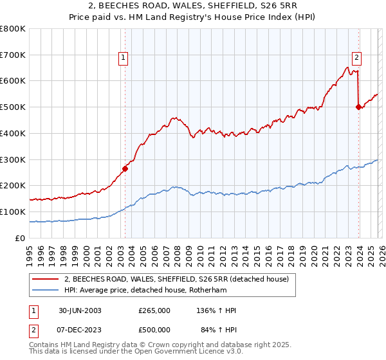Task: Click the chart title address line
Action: tap(192, 6)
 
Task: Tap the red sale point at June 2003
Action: tap(125, 168)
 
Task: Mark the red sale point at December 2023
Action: tap(358, 107)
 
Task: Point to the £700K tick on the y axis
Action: tap(13, 55)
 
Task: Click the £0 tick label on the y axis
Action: tap(19, 238)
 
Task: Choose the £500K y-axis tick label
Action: tap(13, 107)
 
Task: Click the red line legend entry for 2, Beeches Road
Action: tap(180, 279)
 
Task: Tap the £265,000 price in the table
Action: tap(154, 310)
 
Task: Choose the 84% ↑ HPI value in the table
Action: tap(218, 330)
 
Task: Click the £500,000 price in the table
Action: tap(154, 330)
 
